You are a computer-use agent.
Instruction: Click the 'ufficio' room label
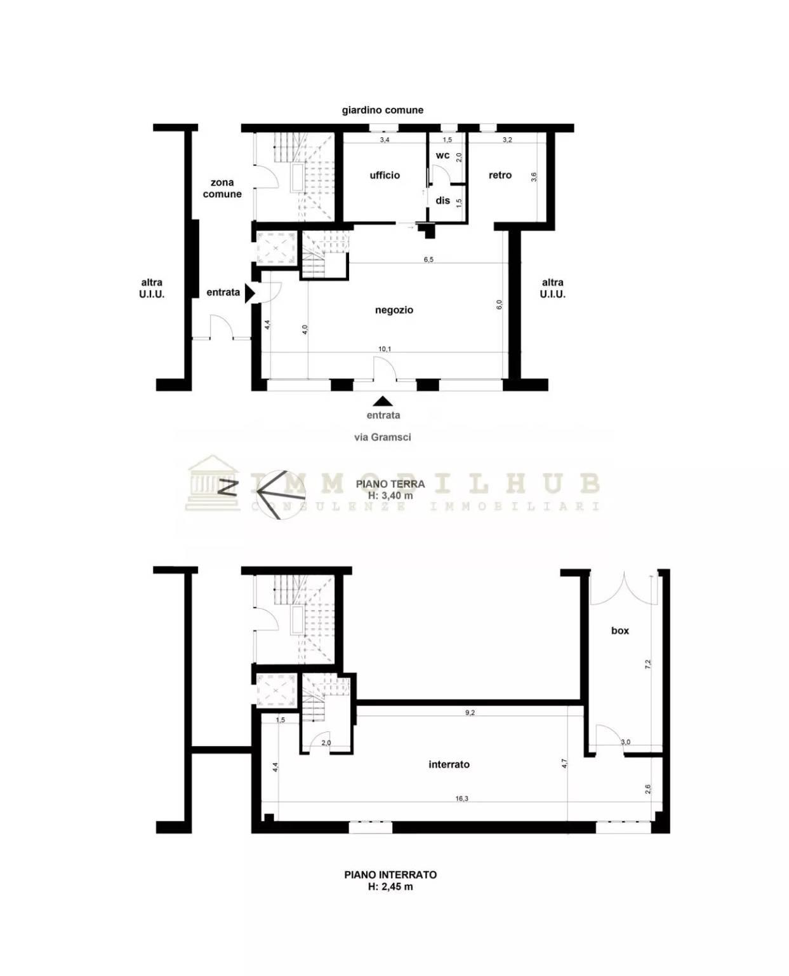(385, 175)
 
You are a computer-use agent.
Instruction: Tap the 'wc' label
(442, 155)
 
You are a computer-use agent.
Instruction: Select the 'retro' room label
(500, 175)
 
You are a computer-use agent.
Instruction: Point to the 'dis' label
(442, 200)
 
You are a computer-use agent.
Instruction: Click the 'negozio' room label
(394, 310)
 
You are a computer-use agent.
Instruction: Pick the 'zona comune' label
(222, 188)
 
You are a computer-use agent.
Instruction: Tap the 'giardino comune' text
(383, 110)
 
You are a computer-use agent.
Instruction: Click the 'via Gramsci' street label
(383, 437)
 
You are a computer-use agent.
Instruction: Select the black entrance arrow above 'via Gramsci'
(383, 401)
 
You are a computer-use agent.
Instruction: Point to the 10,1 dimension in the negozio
(385, 349)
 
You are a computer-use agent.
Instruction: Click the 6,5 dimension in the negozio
(428, 259)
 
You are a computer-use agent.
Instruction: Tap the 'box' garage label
(620, 630)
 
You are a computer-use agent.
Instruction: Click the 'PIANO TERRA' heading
(390, 484)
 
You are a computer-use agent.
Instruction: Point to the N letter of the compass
(227, 487)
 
